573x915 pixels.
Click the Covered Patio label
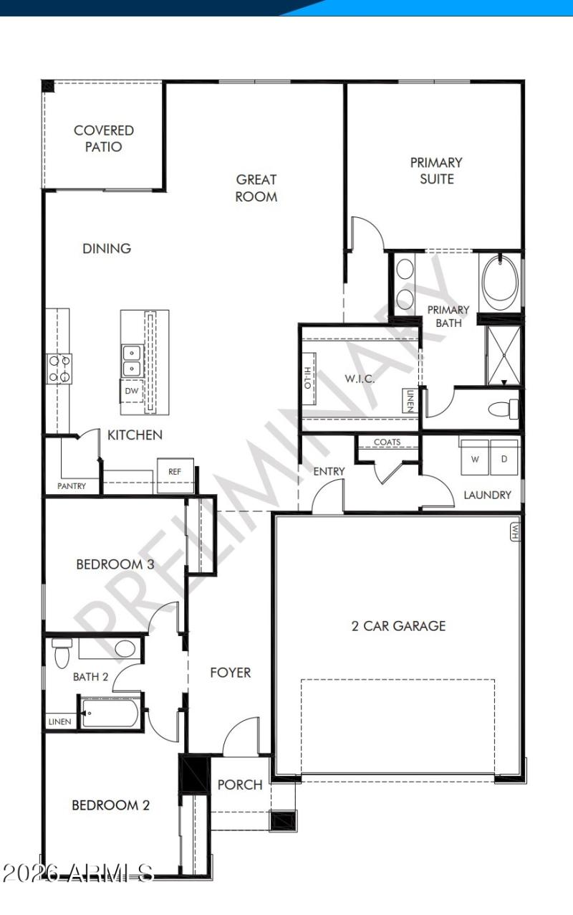click(104, 138)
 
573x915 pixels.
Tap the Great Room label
click(256, 188)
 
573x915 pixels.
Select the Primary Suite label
click(436, 171)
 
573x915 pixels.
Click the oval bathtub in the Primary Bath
click(500, 280)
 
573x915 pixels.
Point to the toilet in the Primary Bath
click(503, 409)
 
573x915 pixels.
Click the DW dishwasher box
click(131, 391)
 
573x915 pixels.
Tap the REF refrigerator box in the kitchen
click(175, 472)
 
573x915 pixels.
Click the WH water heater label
click(514, 531)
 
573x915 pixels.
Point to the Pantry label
click(72, 486)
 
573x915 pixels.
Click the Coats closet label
click(387, 442)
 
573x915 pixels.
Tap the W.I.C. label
click(360, 378)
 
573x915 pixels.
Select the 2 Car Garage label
click(398, 625)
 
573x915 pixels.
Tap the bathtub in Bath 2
click(110, 713)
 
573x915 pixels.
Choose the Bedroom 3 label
click(115, 564)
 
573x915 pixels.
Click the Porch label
click(240, 784)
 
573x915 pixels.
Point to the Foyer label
click(230, 673)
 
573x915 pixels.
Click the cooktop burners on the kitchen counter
click(58, 368)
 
